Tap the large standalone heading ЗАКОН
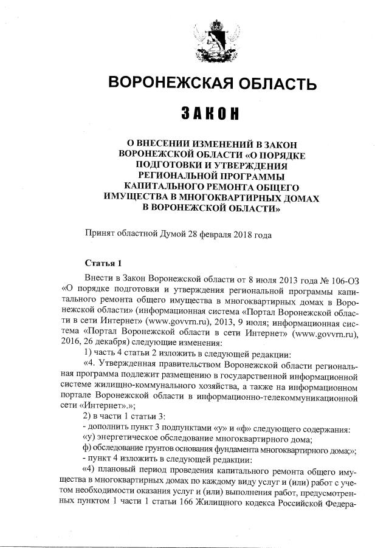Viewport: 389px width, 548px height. pyautogui.click(x=210, y=114)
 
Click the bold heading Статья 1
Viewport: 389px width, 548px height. pyautogui.click(x=103, y=263)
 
